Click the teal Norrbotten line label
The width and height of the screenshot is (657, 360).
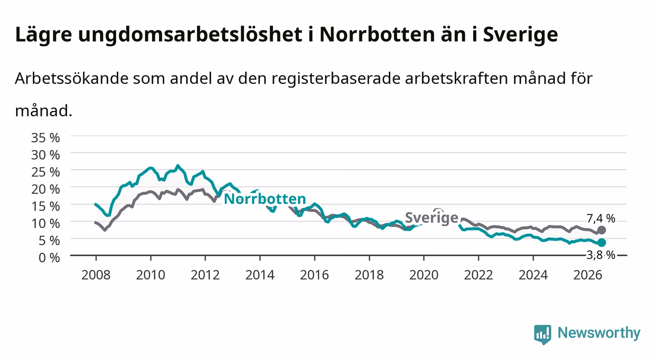(265, 199)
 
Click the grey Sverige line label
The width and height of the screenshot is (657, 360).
(431, 218)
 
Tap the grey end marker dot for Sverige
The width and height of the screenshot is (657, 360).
(602, 230)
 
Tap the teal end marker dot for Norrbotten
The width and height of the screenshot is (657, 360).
(602, 243)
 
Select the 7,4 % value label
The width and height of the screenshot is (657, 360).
(601, 218)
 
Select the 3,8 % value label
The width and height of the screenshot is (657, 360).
(601, 255)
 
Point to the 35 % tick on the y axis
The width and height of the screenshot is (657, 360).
(46, 138)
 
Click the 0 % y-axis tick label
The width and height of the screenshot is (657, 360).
(49, 257)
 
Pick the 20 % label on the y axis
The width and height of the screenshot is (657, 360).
(46, 189)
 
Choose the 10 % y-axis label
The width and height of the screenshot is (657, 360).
(46, 224)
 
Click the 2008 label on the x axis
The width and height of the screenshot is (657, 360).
(96, 275)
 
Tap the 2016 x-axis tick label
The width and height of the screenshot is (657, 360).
(314, 275)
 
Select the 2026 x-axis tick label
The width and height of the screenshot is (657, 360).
(588, 275)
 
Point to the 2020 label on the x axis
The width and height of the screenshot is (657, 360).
(424, 275)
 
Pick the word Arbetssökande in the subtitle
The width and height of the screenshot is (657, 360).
(72, 78)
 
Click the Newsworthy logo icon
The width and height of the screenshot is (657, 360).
(543, 334)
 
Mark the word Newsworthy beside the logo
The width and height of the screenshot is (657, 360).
(599, 333)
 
